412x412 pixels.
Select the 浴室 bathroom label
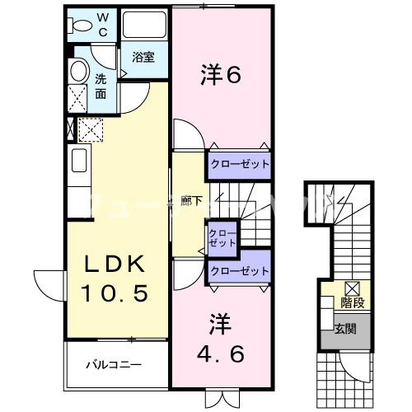pos(143,57)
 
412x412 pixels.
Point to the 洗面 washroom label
pos(100,87)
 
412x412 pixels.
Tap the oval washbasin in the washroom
pos(79,71)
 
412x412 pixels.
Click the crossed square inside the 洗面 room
pos(77,99)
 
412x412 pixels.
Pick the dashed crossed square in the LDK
pos(89,129)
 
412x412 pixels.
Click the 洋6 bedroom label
pos(220,76)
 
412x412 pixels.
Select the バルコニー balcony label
pos(115,363)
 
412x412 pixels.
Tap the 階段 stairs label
pos(355,302)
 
